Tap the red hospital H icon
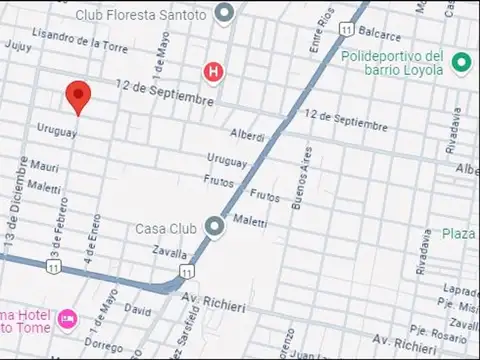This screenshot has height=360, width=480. [212, 71]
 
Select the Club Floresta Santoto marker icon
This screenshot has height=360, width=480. [226, 13]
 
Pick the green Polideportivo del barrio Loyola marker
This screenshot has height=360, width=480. [461, 63]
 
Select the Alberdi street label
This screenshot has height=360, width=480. [247, 135]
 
